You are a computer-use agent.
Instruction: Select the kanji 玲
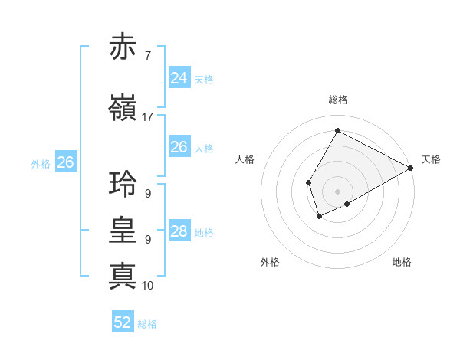click(123, 185)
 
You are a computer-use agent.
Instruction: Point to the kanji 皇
click(123, 231)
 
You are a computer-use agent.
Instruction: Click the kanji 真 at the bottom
click(123, 277)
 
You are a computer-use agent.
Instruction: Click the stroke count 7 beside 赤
click(147, 55)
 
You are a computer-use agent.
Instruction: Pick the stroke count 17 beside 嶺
click(147, 116)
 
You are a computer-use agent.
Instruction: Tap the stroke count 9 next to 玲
click(147, 193)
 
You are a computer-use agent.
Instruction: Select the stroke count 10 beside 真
click(147, 285)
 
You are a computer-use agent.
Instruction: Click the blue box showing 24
click(179, 77)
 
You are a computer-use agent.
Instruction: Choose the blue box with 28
click(179, 231)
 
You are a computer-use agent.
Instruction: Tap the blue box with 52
click(122, 322)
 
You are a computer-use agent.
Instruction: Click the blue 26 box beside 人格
click(179, 147)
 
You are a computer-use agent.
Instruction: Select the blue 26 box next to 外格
click(65, 162)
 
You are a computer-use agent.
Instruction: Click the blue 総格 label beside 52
click(147, 324)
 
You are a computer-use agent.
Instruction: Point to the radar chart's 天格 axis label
click(431, 159)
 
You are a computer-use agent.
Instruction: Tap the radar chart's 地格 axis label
click(402, 262)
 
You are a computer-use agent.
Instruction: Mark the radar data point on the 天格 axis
click(411, 169)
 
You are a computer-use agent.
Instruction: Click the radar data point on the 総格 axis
click(337, 131)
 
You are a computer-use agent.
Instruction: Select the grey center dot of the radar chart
click(337, 191)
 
